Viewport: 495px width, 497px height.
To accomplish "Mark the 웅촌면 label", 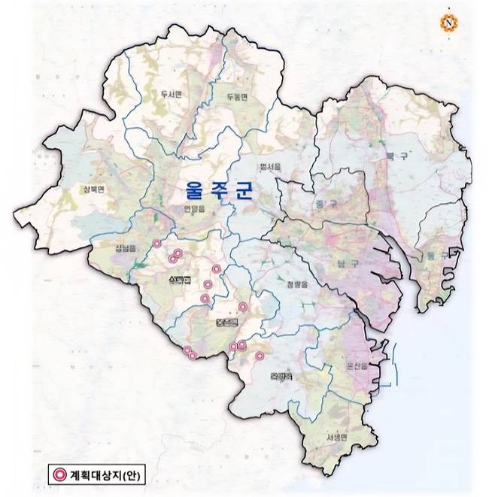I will click(x=226, y=321).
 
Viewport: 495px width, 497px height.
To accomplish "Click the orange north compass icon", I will click(x=449, y=23).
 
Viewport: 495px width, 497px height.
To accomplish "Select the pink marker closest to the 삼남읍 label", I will click(x=156, y=244).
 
